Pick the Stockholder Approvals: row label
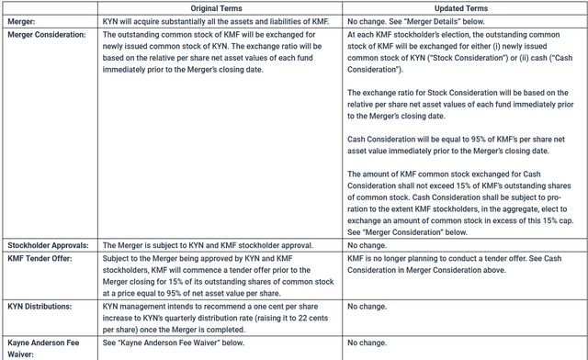[46, 245]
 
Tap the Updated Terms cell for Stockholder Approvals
[372, 245]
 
